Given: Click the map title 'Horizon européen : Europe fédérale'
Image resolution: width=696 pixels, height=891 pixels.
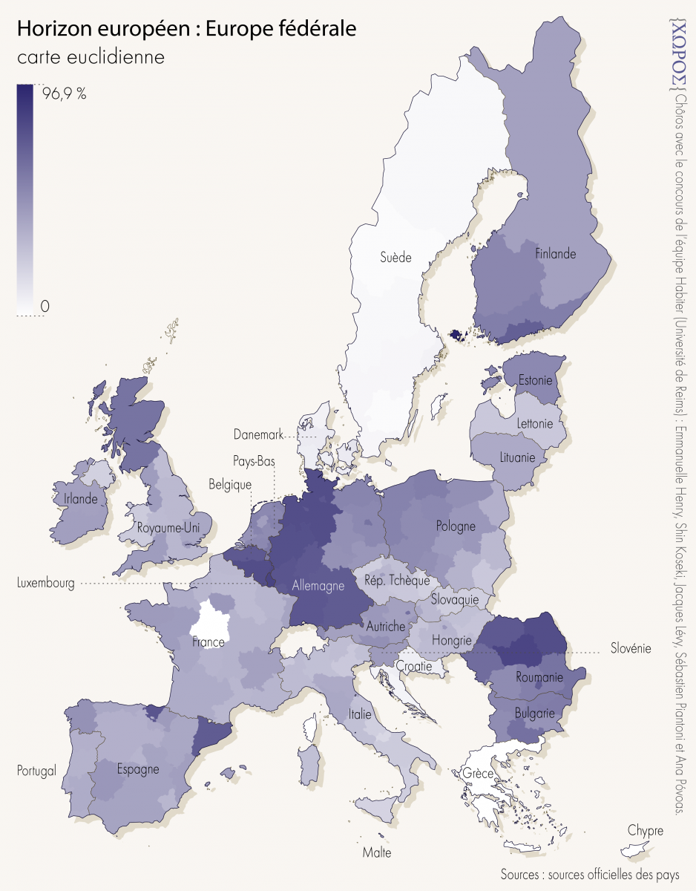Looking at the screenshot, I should [186, 29].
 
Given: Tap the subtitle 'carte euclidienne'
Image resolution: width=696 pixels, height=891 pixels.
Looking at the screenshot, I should [90, 56].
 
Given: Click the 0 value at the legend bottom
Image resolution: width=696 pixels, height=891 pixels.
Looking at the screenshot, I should [45, 306].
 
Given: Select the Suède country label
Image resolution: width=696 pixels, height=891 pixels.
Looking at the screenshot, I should [395, 258].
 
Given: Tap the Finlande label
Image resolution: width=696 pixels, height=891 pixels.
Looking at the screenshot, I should [555, 254].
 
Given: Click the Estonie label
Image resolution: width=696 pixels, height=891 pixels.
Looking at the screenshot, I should [535, 381].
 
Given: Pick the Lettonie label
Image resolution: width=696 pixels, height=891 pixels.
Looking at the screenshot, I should [534, 424].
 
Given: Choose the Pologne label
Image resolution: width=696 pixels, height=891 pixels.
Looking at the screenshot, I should [456, 526].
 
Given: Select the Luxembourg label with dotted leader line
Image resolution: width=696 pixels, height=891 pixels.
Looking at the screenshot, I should [45, 584].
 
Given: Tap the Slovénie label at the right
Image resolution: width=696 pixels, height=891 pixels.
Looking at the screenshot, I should [630, 648].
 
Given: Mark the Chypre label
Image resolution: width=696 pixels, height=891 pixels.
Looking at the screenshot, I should [645, 830].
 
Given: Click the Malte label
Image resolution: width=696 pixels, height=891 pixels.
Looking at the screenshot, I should [376, 852].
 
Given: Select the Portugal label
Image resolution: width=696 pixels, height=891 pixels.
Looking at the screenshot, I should [36, 771].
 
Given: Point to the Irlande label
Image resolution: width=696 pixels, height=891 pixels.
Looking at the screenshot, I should [80, 499].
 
